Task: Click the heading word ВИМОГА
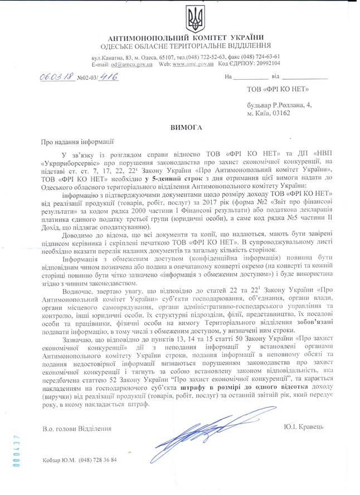pos(187,128)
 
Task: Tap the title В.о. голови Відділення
pos(77,428)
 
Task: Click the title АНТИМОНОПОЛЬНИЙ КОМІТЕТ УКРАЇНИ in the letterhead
pos(183,36)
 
